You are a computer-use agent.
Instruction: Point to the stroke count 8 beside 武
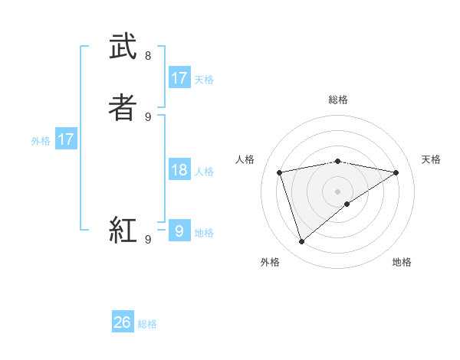pyautogui.click(x=148, y=56)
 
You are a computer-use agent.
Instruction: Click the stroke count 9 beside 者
pyautogui.click(x=148, y=116)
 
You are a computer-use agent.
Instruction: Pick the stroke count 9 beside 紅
pyautogui.click(x=148, y=239)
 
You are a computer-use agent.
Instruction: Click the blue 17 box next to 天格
pyautogui.click(x=179, y=78)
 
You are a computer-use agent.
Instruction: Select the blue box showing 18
pyautogui.click(x=179, y=170)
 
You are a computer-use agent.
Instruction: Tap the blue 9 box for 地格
pyautogui.click(x=179, y=231)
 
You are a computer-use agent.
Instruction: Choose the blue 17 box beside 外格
pyautogui.click(x=66, y=139)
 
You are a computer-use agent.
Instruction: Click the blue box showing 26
pyautogui.click(x=123, y=322)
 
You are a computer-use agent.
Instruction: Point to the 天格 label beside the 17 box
pyautogui.click(x=204, y=79)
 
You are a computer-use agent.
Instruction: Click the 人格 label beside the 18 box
pyautogui.click(x=204, y=172)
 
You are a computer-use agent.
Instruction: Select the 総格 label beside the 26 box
pyautogui.click(x=147, y=324)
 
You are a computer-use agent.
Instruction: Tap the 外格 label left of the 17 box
pyautogui.click(x=41, y=141)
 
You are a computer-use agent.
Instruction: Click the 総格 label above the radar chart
pyautogui.click(x=338, y=100)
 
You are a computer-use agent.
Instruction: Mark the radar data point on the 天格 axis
pyautogui.click(x=396, y=172)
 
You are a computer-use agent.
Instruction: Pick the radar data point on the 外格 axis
pyautogui.click(x=302, y=242)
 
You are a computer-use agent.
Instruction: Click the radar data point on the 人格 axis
pyautogui.click(x=280, y=172)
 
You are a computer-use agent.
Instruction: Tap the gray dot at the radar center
pyautogui.click(x=338, y=191)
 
